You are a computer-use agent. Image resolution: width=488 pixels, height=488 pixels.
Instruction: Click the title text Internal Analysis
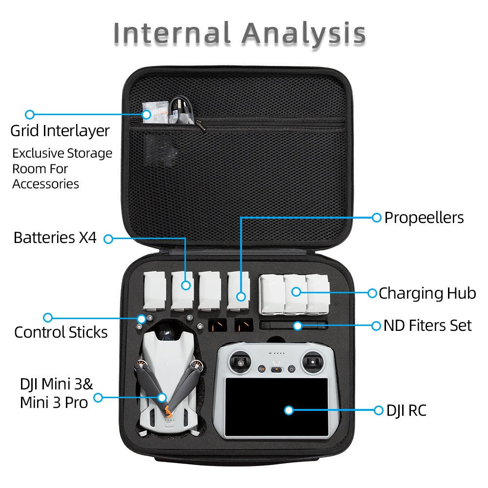[x=239, y=33]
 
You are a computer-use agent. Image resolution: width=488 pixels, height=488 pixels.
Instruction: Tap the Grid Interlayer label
[x=60, y=131]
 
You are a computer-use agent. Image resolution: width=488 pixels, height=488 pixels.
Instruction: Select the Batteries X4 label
[x=55, y=238]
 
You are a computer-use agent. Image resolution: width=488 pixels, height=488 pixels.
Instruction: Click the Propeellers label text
[x=424, y=218]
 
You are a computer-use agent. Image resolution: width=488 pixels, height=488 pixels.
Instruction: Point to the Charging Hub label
[x=427, y=293]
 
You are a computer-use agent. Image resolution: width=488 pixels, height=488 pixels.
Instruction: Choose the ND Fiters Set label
[x=427, y=325]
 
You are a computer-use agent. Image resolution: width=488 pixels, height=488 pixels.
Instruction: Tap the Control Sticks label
[x=61, y=332]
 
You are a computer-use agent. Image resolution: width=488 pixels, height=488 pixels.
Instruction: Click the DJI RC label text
[x=406, y=410]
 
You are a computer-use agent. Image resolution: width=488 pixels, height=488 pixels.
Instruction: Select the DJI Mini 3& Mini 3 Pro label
[x=56, y=393]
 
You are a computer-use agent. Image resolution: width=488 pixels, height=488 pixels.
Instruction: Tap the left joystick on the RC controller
[x=241, y=362]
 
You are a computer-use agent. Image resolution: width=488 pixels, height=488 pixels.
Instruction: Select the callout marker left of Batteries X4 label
[x=108, y=239]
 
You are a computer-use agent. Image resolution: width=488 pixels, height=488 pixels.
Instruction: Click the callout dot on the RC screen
[x=288, y=410]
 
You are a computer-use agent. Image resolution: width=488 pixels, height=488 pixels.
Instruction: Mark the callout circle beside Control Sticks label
[x=47, y=318]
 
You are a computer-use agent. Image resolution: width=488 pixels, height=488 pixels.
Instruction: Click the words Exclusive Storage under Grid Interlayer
[x=62, y=153]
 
